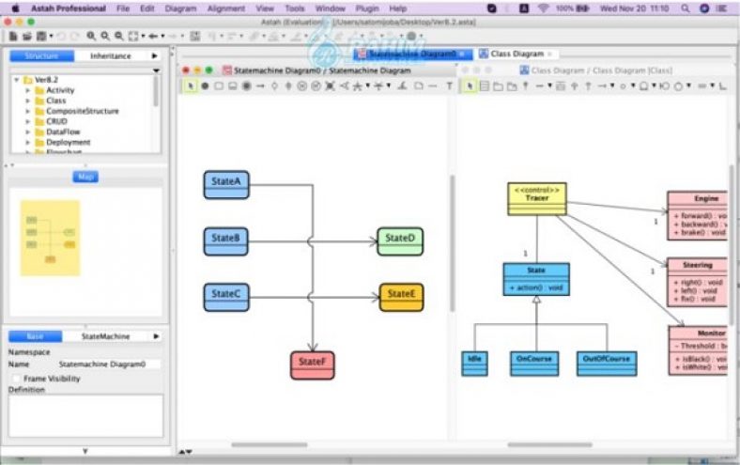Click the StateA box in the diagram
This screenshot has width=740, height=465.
point(226,184)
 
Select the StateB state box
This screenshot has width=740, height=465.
point(226,240)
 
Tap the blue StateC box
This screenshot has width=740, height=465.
point(226,296)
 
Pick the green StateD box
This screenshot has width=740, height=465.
point(400,240)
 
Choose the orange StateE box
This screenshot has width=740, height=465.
point(401,297)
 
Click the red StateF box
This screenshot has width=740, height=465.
point(313,364)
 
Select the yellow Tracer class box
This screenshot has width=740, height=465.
point(536,198)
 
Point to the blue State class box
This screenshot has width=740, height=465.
point(535,279)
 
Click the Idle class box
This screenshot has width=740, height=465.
point(475,364)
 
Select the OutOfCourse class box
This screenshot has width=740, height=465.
point(607,364)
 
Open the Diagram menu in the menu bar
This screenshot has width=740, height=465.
point(180,8)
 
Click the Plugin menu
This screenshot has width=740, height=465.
point(367,8)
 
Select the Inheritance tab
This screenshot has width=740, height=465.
point(111,56)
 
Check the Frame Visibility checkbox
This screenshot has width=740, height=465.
point(16,378)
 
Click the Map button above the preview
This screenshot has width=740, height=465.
point(85,177)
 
